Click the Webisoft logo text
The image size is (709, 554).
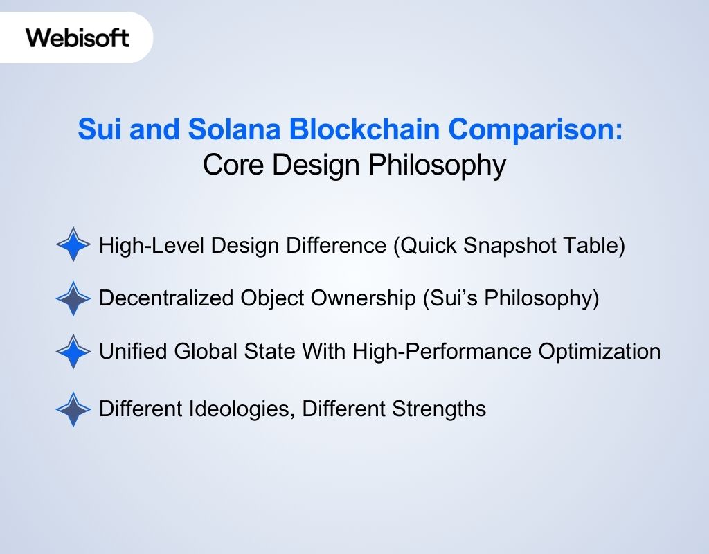tap(78, 37)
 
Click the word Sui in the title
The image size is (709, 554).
tap(98, 129)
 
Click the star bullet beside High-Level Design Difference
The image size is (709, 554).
tap(73, 244)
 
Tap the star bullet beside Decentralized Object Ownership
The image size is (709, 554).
tap(73, 298)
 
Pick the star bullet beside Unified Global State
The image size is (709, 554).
tap(73, 352)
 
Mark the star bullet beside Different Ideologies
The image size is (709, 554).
tap(73, 409)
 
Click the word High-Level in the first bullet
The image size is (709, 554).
tap(145, 246)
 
